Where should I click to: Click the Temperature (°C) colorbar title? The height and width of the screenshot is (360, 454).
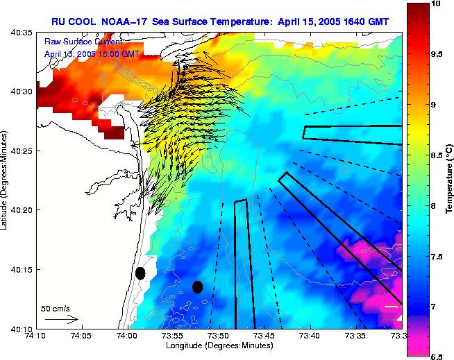[450, 180]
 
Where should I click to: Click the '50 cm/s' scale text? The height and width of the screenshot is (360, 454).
[55, 308]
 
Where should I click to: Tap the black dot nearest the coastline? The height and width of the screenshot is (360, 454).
[140, 273]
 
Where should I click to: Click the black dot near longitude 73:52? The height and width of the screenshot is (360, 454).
[197, 286]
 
